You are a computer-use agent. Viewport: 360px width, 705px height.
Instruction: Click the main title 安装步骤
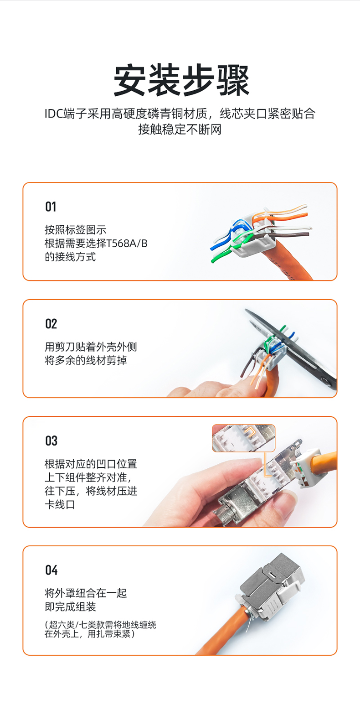click(x=181, y=80)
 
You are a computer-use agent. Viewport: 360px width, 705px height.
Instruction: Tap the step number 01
click(x=51, y=207)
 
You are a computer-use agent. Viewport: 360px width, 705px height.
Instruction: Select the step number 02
click(x=51, y=324)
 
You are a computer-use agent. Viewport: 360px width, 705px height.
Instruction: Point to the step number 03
click(x=51, y=441)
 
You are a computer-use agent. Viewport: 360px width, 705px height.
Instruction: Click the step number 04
click(x=51, y=570)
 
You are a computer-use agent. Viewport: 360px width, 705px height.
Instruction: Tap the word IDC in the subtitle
click(x=53, y=114)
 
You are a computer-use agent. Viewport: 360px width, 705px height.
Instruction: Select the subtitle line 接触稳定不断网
click(x=180, y=129)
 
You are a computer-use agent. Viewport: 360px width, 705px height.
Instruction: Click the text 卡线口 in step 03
click(x=60, y=504)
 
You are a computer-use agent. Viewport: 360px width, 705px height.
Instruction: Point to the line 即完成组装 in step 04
click(x=70, y=607)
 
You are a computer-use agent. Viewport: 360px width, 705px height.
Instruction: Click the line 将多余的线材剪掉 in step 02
click(x=86, y=360)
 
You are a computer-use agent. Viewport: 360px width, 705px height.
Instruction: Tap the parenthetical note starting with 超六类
click(x=100, y=629)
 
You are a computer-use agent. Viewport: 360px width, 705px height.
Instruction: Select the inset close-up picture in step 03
click(x=243, y=438)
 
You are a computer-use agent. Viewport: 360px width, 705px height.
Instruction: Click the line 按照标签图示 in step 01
click(x=76, y=230)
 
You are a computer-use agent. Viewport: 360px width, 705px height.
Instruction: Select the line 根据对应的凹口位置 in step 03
click(x=91, y=464)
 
